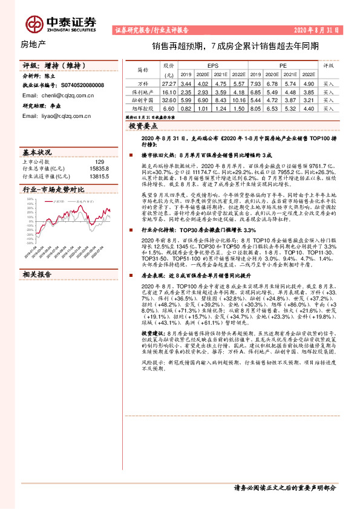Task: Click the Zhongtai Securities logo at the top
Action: [61, 22]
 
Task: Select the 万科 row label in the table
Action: [143, 83]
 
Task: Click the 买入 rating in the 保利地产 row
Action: [329, 91]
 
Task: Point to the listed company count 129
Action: [100, 161]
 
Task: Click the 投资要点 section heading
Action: [143, 126]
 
